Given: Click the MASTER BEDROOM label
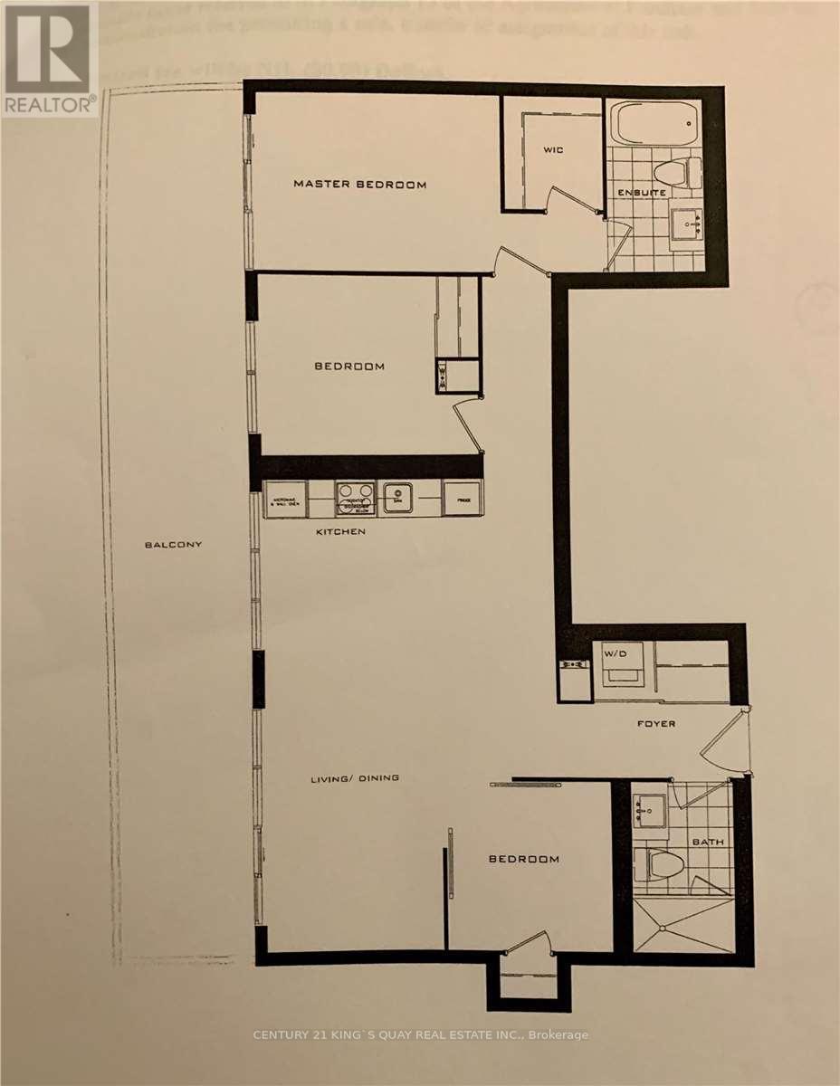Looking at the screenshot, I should [359, 185].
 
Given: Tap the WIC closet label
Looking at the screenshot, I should [554, 149].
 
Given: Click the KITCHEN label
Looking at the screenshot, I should [340, 531].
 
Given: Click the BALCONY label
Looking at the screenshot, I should [172, 545].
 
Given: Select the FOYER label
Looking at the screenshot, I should [655, 724].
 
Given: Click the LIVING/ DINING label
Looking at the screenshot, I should [355, 778].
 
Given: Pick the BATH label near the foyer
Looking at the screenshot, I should [709, 843].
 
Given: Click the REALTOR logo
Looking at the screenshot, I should [50, 60].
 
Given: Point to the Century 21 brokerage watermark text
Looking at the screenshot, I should [419, 1034].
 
